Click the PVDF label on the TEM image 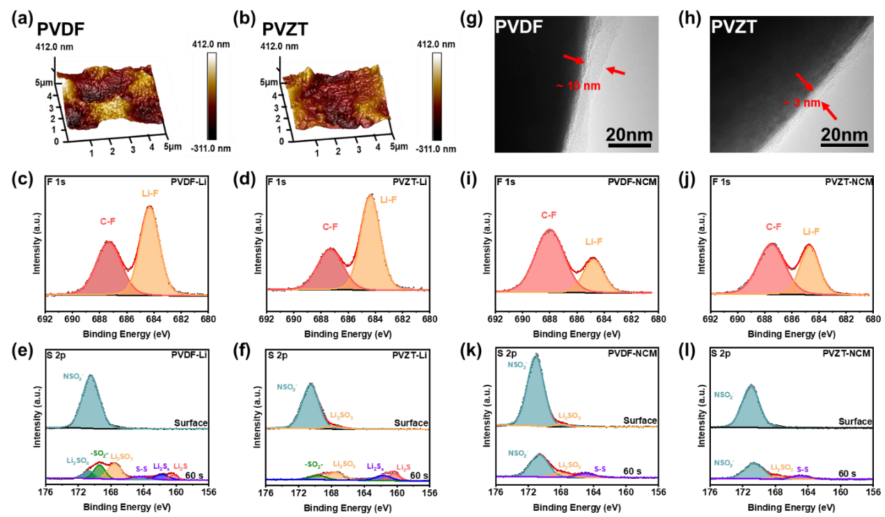[x=519, y=29]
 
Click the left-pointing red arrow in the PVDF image [x=616, y=70]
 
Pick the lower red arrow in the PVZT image [x=829, y=111]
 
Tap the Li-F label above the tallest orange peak [x=389, y=200]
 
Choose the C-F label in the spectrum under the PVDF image [x=549, y=215]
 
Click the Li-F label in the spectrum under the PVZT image [x=811, y=231]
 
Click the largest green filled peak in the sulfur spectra [x=100, y=470]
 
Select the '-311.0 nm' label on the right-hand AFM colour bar [x=436, y=148]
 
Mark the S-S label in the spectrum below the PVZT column [x=803, y=470]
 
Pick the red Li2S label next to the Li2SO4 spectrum [x=180, y=466]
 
